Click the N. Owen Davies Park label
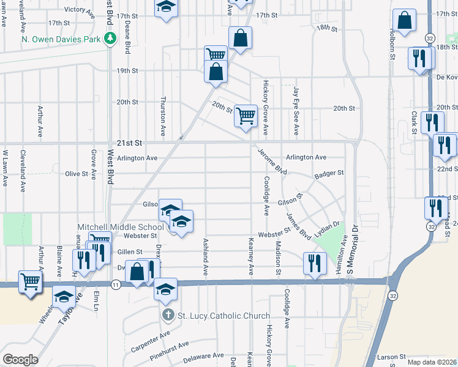coord(60,39)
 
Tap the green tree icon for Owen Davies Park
coord(110,39)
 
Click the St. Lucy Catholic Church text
coord(223,316)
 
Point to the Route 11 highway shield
coord(115,284)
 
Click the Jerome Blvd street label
coord(272,160)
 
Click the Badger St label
coord(329,174)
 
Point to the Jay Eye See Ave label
coord(296,111)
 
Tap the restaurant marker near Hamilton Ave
coord(313,264)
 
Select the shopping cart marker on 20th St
coord(246,114)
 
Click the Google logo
coord(21,360)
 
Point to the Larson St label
coord(392,356)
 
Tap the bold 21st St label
coord(130,143)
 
